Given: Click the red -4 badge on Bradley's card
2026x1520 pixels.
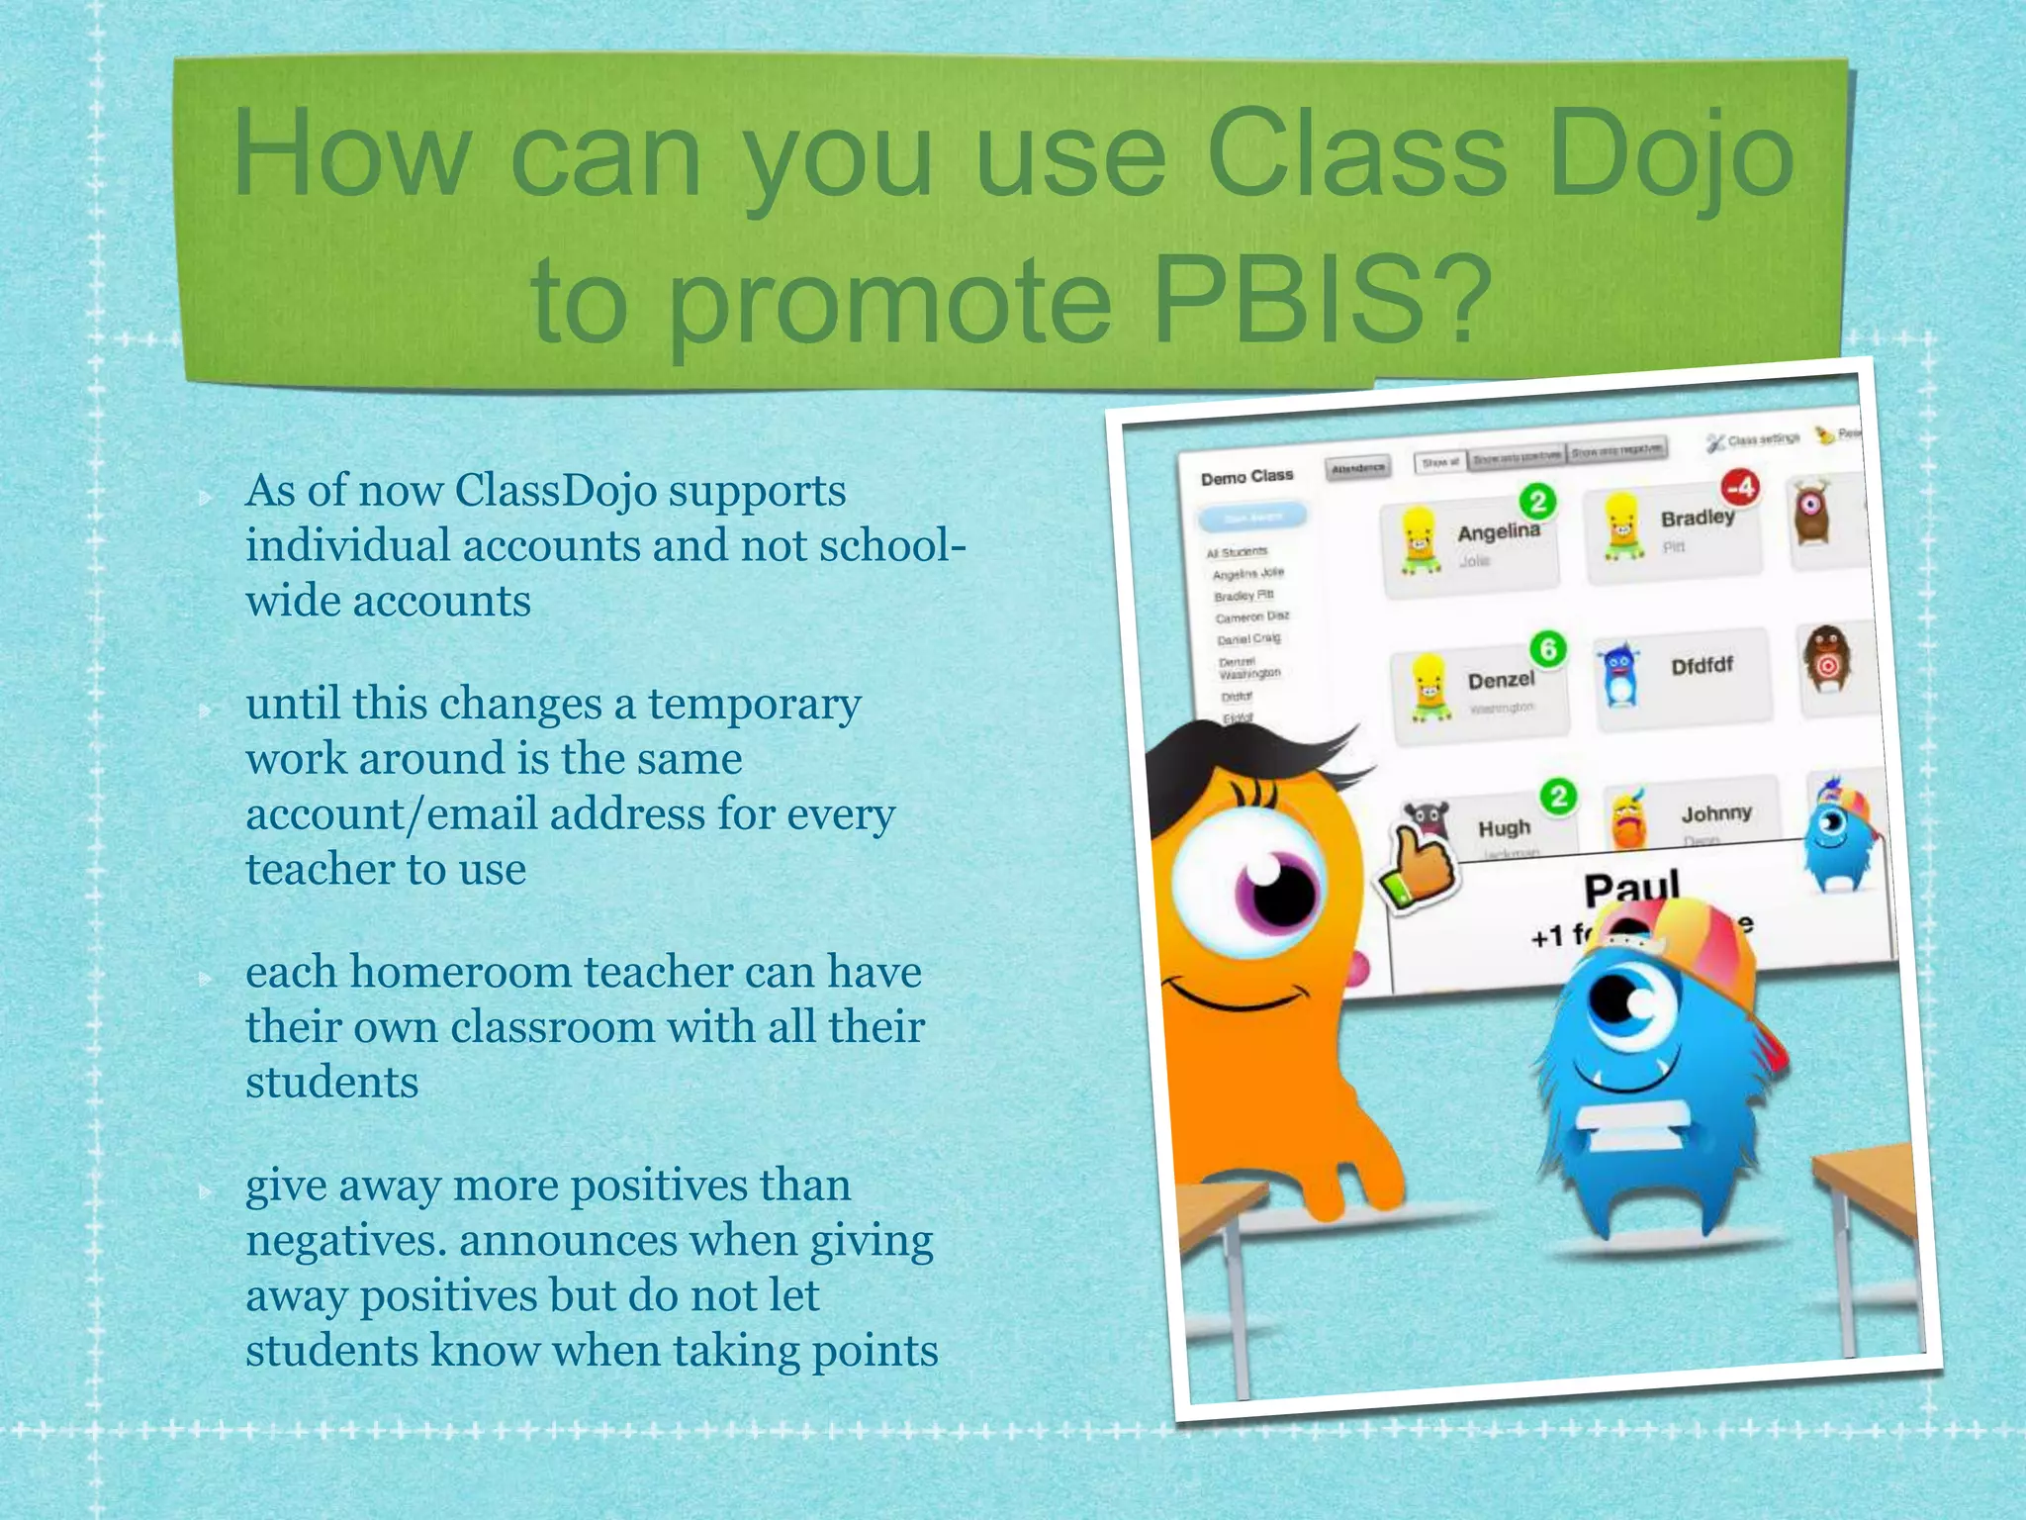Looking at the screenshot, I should (1740, 487).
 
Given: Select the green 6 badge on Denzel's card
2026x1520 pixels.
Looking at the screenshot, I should (1548, 649).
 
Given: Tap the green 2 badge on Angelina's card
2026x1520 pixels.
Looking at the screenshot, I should (1537, 502).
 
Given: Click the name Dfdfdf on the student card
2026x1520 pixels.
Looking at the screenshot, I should (1702, 666).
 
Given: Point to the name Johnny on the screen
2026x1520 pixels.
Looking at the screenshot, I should (1716, 813).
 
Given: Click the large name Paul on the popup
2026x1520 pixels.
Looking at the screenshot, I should (1631, 888).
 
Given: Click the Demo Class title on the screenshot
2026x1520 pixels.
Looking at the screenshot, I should (1246, 477).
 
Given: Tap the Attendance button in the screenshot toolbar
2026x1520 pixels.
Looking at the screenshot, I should (1357, 468).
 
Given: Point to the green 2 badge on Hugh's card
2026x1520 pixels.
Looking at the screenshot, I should (1558, 797).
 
